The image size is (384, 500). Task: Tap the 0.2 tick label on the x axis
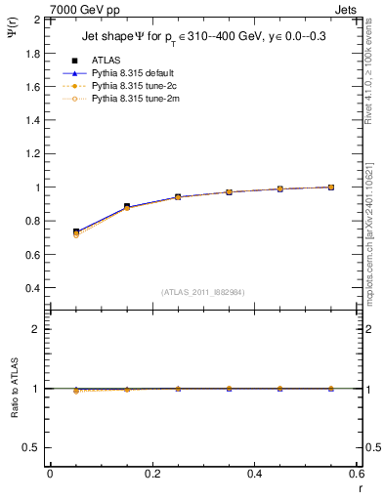click(151, 474)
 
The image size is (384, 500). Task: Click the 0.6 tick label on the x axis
click(356, 474)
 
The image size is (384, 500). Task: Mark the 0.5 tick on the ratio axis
click(33, 447)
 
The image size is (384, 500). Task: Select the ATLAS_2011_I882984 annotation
click(203, 291)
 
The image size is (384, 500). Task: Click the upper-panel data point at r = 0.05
click(76, 232)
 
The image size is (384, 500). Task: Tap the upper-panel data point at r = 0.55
click(331, 187)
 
